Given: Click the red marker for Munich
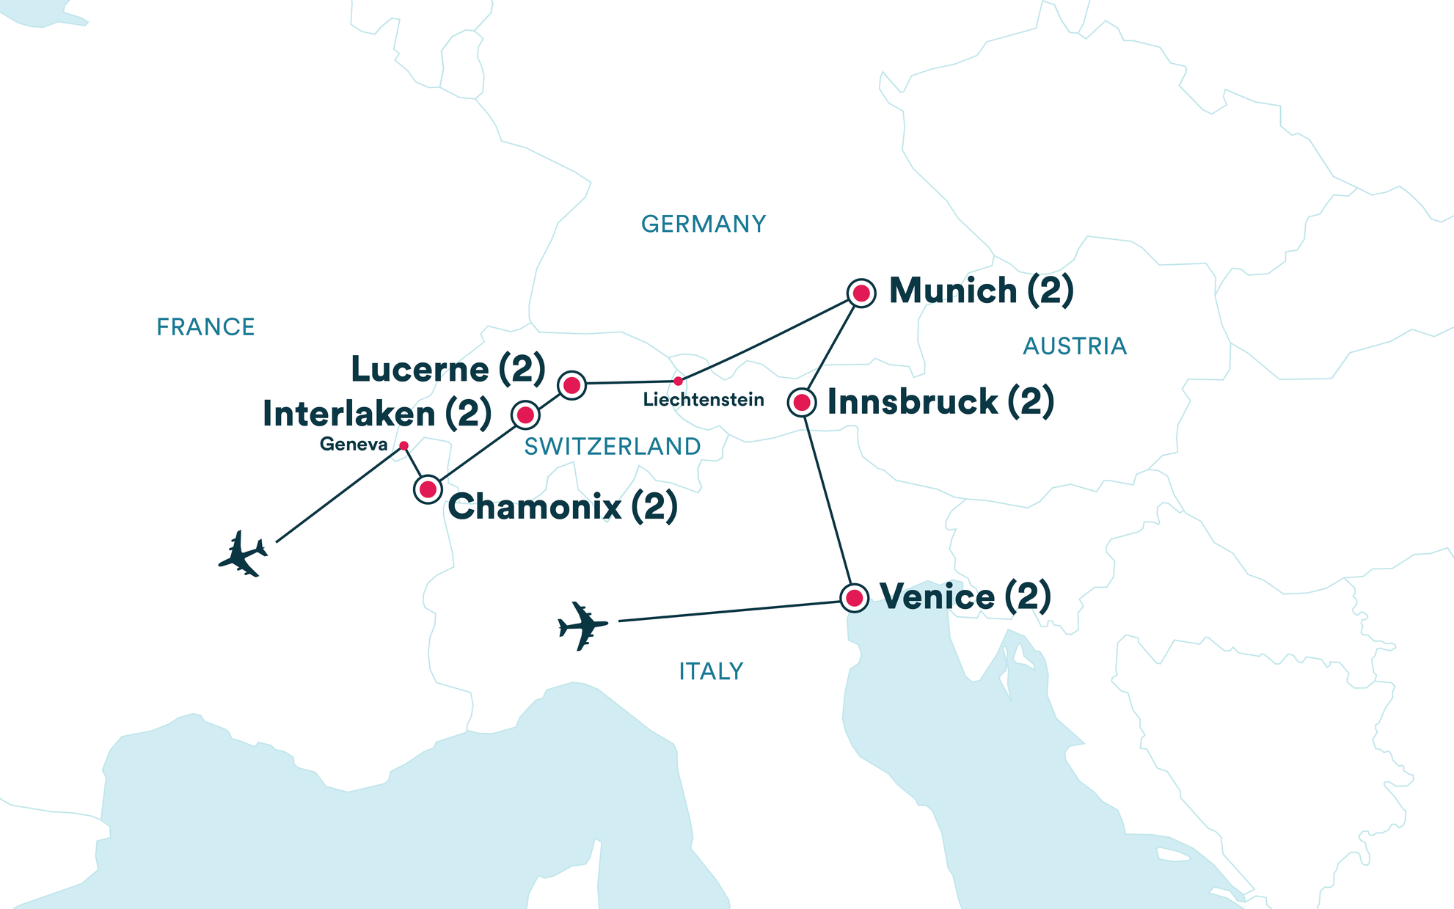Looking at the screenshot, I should [861, 293].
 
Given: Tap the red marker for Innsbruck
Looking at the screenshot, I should [802, 402].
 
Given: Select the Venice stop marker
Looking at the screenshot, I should [854, 598].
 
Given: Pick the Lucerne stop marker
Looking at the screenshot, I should [571, 384].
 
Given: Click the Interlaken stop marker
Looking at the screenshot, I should [525, 415].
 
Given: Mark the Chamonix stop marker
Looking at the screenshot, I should [428, 489].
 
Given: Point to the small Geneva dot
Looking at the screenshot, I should [403, 445].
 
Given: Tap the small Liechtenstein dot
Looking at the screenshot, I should [678, 381].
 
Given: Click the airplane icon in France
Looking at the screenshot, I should [243, 555].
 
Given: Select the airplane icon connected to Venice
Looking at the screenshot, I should [582, 626].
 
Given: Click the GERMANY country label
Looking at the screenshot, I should [703, 224].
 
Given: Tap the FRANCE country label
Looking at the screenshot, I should [205, 326].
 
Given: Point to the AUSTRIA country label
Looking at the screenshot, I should [1074, 346].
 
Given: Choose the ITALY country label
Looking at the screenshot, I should [710, 671].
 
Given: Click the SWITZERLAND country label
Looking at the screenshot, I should [612, 446].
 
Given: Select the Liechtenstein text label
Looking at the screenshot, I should [703, 400].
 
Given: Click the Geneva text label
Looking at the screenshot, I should [353, 444].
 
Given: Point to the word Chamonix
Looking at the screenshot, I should [535, 507].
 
